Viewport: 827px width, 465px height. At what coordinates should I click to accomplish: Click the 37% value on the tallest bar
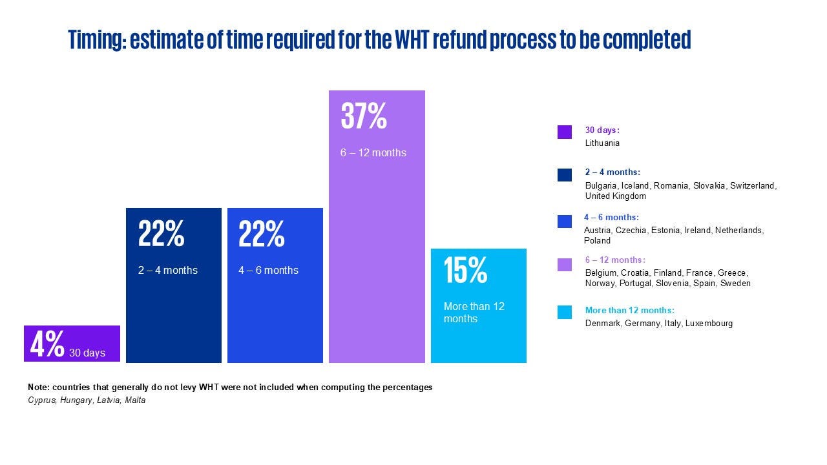pyautogui.click(x=364, y=117)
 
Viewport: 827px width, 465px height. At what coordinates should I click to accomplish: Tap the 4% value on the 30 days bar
pyautogui.click(x=47, y=345)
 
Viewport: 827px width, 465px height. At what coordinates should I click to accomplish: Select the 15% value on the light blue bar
pyautogui.click(x=465, y=271)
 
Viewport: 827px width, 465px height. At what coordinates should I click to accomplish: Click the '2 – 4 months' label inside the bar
pyautogui.click(x=168, y=270)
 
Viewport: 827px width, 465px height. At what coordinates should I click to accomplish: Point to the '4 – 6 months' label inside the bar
pyautogui.click(x=268, y=270)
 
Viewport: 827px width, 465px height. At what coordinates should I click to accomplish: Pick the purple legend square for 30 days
pyautogui.click(x=565, y=132)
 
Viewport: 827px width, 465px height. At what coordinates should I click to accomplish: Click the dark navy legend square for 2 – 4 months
pyautogui.click(x=565, y=175)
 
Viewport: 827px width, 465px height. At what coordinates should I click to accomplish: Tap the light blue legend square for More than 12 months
pyautogui.click(x=565, y=313)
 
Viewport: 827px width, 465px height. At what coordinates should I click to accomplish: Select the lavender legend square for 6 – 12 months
pyautogui.click(x=565, y=265)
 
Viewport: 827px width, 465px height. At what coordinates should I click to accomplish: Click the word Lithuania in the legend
pyautogui.click(x=602, y=143)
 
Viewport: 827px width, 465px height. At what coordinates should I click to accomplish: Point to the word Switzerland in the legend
pyautogui.click(x=753, y=186)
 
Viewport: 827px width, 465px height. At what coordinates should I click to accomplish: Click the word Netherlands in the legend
pyautogui.click(x=739, y=231)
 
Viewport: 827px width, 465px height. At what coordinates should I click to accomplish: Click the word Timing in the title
pyautogui.click(x=96, y=40)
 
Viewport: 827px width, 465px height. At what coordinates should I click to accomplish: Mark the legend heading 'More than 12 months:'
pyautogui.click(x=629, y=311)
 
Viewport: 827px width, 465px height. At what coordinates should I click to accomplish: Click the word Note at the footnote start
pyautogui.click(x=38, y=387)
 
